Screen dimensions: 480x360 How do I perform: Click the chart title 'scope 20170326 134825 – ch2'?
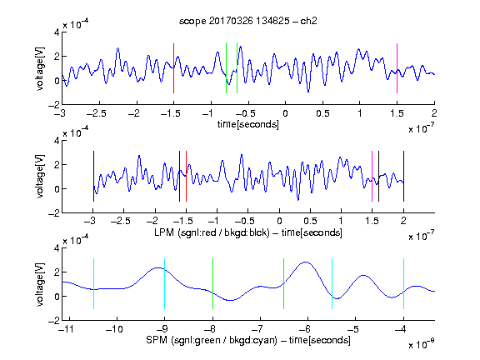click(248, 21)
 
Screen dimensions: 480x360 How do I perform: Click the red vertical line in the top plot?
click(173, 68)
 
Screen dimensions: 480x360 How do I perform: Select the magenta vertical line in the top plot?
click(397, 68)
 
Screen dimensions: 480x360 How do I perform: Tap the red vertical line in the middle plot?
click(186, 177)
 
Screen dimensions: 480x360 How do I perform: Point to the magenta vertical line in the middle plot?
click(372, 177)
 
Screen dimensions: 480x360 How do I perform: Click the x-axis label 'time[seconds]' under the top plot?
click(248, 124)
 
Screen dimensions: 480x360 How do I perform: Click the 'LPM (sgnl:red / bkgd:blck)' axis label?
click(212, 232)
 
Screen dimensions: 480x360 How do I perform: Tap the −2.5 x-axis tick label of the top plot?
click(97, 114)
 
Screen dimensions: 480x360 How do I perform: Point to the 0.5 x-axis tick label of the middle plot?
click(310, 222)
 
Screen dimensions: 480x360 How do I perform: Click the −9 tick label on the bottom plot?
click(162, 329)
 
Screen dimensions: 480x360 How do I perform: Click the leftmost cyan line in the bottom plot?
click(93, 284)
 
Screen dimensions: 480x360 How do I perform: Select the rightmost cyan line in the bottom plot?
click(403, 284)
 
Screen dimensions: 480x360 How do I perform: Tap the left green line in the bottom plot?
click(212, 284)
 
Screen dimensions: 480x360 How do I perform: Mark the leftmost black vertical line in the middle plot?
click(93, 177)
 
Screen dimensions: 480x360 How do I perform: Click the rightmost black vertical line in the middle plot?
click(403, 177)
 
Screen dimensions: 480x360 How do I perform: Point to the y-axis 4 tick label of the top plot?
click(57, 32)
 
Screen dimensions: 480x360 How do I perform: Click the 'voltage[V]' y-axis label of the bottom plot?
click(40, 284)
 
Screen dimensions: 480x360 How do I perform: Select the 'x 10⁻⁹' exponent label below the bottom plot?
click(421, 344)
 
